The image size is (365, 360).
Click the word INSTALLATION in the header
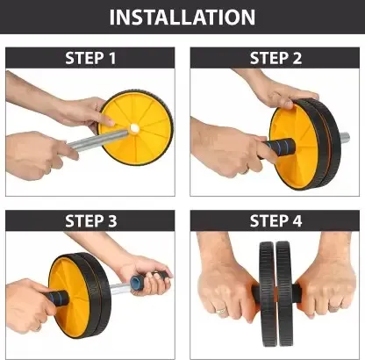[x=182, y=18]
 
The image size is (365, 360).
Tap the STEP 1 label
[x=89, y=58]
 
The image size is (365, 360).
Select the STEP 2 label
[x=276, y=58]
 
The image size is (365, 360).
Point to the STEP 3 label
[x=89, y=220]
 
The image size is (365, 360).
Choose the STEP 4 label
[x=276, y=220]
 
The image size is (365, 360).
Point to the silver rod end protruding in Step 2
[x=342, y=138]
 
